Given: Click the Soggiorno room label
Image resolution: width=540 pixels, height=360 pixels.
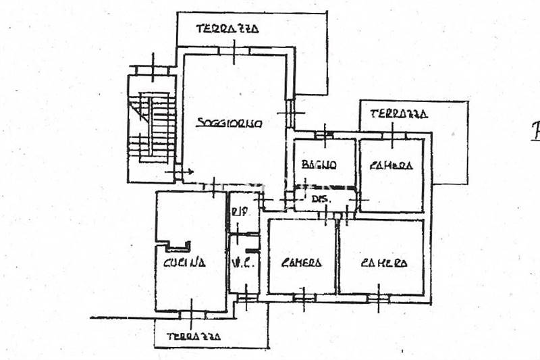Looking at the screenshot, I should point(230,123).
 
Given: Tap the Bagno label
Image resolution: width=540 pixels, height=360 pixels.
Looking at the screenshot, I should point(319,164).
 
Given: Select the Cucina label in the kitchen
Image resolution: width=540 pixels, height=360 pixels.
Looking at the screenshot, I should point(184,263).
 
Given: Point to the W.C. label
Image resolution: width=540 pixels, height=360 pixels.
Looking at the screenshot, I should point(242,263).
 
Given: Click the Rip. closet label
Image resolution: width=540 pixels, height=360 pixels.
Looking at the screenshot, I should point(238,211).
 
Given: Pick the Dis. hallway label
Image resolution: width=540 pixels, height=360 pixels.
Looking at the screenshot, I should point(320,199).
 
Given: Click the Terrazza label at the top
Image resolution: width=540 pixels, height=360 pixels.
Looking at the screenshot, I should point(227,29).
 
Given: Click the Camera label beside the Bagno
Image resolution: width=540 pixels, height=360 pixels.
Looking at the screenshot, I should point(391,165).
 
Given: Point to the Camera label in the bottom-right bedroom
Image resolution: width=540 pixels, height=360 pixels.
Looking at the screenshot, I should point(383,263).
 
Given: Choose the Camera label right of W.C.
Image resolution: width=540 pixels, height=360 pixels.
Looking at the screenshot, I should point(302,263).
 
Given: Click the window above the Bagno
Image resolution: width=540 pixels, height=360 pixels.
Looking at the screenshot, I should point(325,134).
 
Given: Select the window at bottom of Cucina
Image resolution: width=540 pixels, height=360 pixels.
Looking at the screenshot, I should point(191,312).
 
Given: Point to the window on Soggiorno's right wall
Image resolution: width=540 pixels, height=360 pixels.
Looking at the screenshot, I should point(291,113).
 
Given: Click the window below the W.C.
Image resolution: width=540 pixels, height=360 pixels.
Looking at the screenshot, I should point(246,294).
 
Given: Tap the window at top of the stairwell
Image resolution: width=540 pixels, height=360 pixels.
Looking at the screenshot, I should point(153,70).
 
